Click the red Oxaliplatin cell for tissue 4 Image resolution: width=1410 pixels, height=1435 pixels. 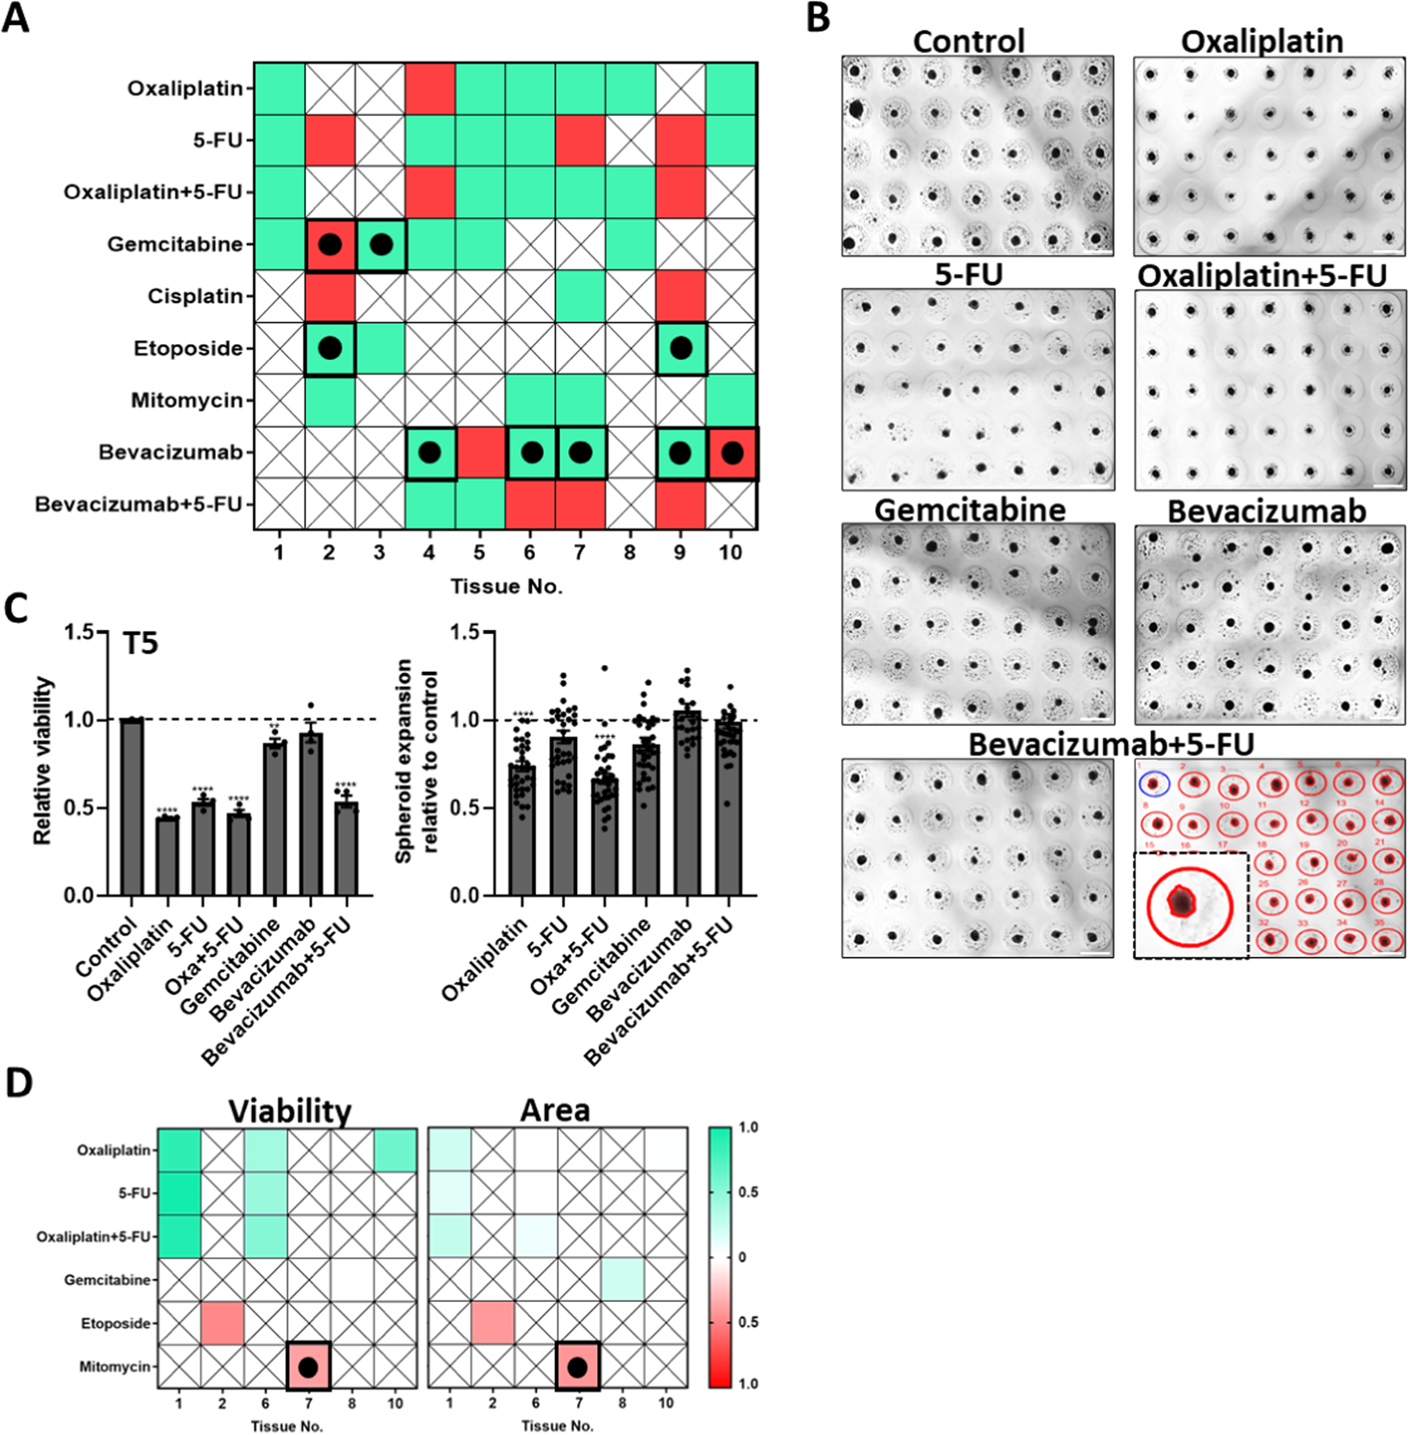point(429,89)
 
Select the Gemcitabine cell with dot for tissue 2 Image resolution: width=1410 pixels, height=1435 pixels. point(330,245)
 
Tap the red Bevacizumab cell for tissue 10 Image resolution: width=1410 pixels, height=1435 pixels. point(732,454)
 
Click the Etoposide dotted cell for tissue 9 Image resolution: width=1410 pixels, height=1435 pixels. point(682,348)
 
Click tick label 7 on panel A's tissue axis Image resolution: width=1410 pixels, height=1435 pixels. point(579,553)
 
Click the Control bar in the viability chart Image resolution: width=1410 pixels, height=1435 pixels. point(131,806)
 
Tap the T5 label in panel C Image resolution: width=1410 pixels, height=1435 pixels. point(140,644)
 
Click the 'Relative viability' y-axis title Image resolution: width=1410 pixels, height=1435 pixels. point(42,761)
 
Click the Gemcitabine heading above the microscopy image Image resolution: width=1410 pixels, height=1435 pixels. point(969,510)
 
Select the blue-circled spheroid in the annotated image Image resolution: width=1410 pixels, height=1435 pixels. point(1154,783)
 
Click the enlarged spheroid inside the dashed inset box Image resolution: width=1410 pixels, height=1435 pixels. point(1181,901)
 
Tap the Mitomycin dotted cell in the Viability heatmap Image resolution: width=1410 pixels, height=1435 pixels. point(308,1367)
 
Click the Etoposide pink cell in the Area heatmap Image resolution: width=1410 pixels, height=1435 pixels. point(491,1323)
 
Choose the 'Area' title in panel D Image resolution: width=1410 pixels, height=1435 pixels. point(555,1111)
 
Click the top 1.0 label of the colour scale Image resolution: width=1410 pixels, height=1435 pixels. point(748,1127)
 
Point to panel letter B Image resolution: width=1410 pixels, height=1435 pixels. point(818,18)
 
